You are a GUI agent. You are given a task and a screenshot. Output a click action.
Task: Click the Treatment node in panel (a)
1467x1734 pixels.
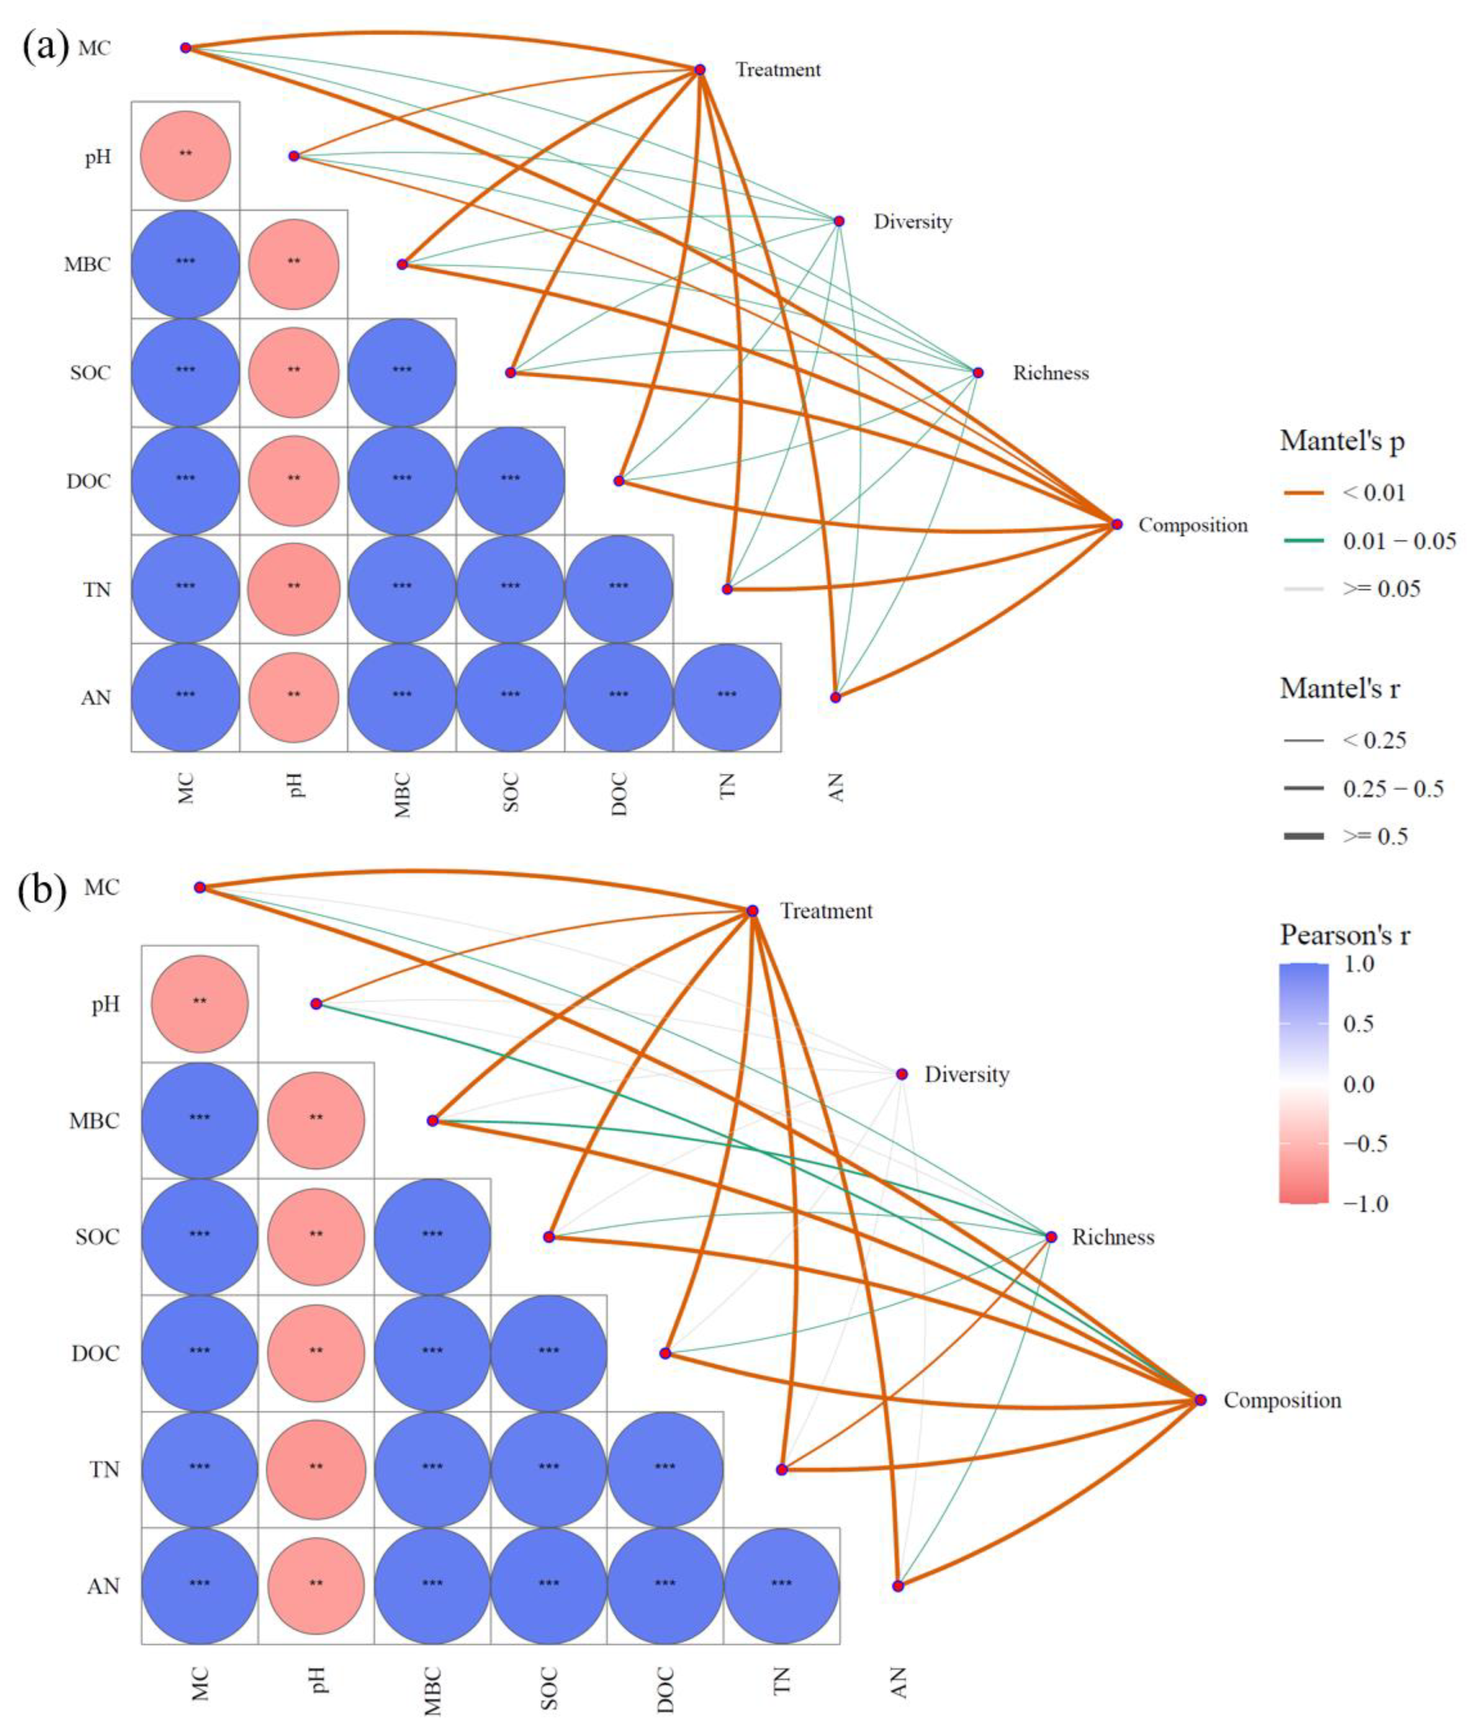point(700,70)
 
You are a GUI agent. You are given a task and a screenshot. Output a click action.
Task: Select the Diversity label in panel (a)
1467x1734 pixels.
point(912,222)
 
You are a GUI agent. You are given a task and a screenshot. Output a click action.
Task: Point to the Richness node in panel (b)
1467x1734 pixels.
point(1051,1237)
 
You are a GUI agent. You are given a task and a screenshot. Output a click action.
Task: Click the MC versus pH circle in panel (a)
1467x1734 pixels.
point(185,156)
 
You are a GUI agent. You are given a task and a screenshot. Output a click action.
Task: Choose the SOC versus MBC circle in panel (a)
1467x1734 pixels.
point(402,372)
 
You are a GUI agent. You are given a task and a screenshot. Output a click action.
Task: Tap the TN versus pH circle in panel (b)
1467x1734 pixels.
point(316,1470)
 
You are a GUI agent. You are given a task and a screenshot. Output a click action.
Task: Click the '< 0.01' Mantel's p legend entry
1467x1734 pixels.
point(1374,493)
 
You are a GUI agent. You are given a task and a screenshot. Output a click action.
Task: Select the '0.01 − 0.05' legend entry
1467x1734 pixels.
point(1399,541)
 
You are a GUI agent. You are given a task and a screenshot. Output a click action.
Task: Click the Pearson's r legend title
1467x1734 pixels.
point(1345,936)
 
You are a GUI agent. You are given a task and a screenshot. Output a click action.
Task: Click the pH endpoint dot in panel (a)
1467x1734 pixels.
point(294,156)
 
